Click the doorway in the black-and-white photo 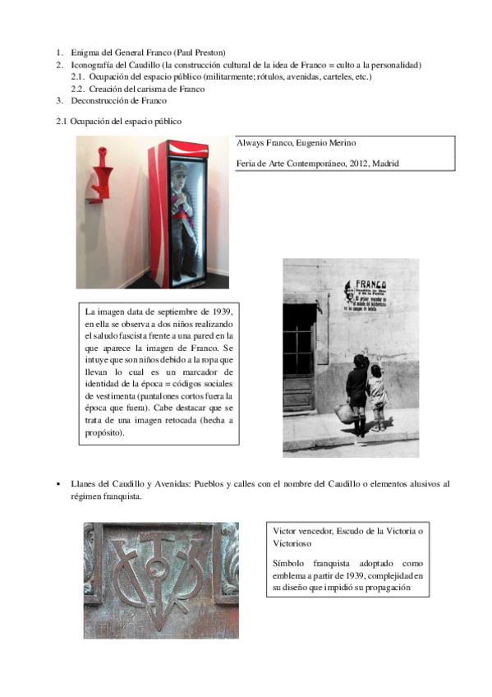[298, 358]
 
